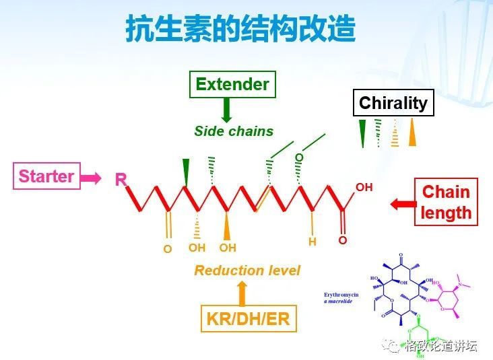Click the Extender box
pos(232,84)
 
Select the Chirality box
pos(393,103)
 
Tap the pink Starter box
pos(46,176)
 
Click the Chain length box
pos(446,202)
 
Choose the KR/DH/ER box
pos(248,318)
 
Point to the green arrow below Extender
pos(227,110)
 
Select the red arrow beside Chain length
pos(403,203)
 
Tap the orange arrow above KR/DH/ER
pos(242,293)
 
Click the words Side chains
pos(234,131)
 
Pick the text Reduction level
pos(247,271)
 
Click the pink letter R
pos(121,180)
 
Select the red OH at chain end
pos(364,187)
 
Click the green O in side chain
pos(299,157)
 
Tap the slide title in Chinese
pos(240,30)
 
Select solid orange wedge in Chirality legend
pos(412,133)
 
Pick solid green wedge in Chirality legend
pos(362,133)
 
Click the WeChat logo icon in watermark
pos(390,345)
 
